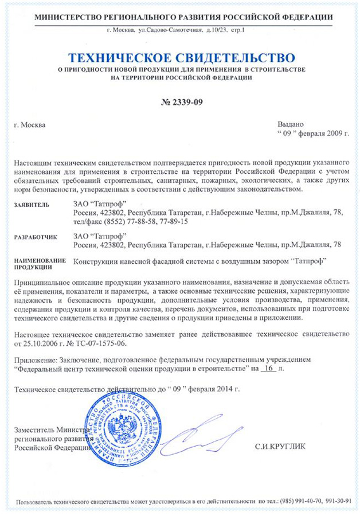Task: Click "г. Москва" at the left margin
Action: point(29,124)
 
